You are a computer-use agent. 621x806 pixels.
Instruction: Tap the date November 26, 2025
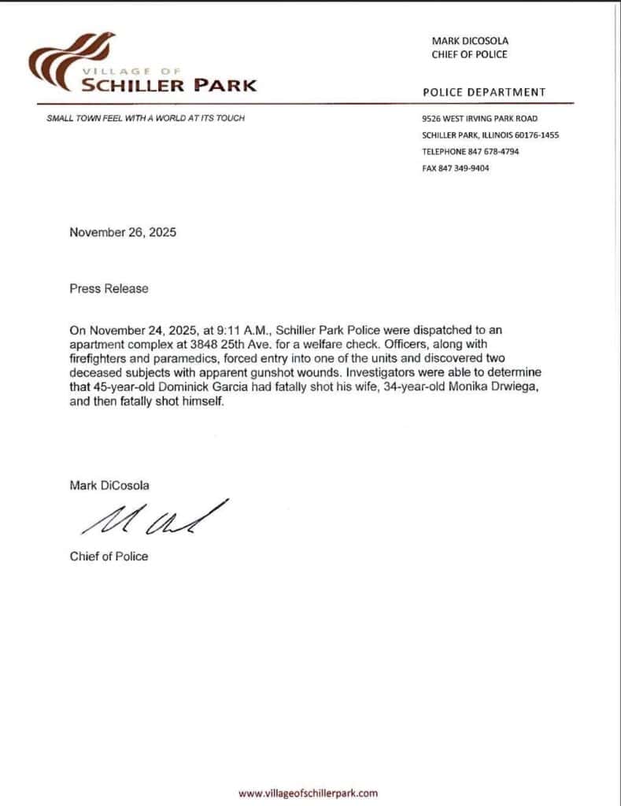click(123, 232)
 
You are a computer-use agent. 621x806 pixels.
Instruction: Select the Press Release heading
click(109, 288)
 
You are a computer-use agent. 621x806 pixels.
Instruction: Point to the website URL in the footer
click(308, 793)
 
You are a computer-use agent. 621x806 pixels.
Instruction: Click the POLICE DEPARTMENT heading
click(484, 92)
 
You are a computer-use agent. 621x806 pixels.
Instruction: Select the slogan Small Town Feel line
click(146, 118)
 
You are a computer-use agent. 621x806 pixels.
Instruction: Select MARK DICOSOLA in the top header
click(470, 40)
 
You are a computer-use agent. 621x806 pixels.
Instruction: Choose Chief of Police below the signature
click(109, 556)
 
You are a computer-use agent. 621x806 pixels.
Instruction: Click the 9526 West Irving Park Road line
click(479, 118)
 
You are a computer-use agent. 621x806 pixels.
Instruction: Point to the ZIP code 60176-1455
click(536, 135)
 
